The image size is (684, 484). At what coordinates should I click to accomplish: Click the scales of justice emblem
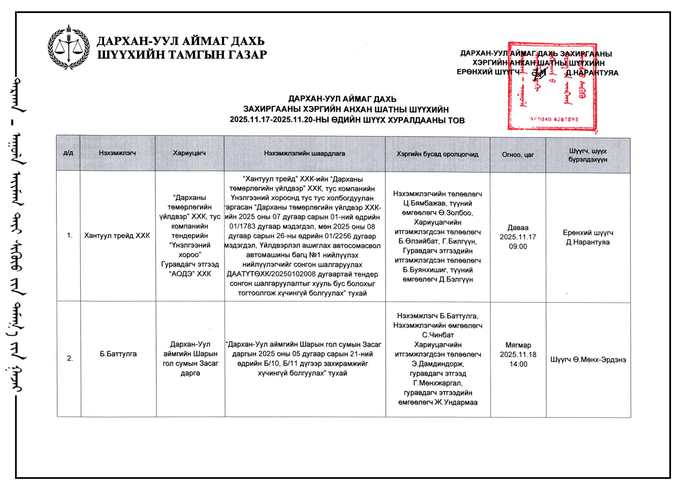point(69,48)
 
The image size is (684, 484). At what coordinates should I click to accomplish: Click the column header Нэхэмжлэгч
point(117,153)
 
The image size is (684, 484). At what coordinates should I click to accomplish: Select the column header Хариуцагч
point(189,153)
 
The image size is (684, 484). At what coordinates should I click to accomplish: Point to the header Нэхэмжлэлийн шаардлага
point(304,153)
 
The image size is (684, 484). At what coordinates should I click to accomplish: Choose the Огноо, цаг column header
point(518,154)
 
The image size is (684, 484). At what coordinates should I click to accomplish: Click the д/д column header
point(68,153)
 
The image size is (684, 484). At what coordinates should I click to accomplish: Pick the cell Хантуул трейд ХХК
point(117,235)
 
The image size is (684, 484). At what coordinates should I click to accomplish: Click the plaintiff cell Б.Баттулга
point(118,354)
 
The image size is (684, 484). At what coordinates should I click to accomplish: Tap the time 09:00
point(518,246)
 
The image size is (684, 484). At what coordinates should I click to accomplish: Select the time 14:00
point(518,364)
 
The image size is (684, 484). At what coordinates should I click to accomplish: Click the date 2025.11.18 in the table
point(518,355)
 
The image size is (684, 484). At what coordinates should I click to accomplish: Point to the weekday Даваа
point(518,227)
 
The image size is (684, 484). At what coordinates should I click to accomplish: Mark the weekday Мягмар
point(518,345)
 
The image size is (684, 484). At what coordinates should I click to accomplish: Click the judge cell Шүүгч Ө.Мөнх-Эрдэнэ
point(588,359)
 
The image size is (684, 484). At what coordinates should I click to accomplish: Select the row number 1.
point(70,235)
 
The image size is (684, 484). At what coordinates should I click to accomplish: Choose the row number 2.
point(70,358)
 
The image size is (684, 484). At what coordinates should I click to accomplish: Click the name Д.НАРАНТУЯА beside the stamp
point(592,73)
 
